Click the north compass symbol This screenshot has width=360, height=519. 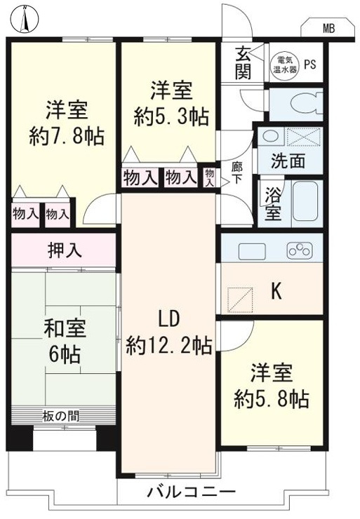pyautogui.click(x=25, y=19)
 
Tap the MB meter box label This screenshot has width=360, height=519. pyautogui.click(x=328, y=29)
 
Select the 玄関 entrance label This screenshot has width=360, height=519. pyautogui.click(x=244, y=64)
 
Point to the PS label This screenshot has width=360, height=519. pyautogui.click(x=310, y=65)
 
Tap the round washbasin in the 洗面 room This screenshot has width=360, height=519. pyautogui.click(x=271, y=136)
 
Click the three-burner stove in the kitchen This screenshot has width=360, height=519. pyautogui.click(x=300, y=250)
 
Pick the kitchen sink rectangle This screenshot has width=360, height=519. pyautogui.click(x=252, y=252)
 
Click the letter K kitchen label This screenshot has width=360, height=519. pyautogui.click(x=276, y=292)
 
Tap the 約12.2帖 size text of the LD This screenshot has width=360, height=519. pyautogui.click(x=169, y=346)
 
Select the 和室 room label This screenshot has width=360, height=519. pyautogui.click(x=65, y=329)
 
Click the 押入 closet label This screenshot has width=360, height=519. pyautogui.click(x=65, y=250)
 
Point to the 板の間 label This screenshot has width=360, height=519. pyautogui.click(x=61, y=416)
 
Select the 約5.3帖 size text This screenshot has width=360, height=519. pyautogui.click(x=171, y=117)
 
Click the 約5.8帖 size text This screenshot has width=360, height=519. pyautogui.click(x=272, y=399)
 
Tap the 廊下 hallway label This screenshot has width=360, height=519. pyautogui.click(x=236, y=172)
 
